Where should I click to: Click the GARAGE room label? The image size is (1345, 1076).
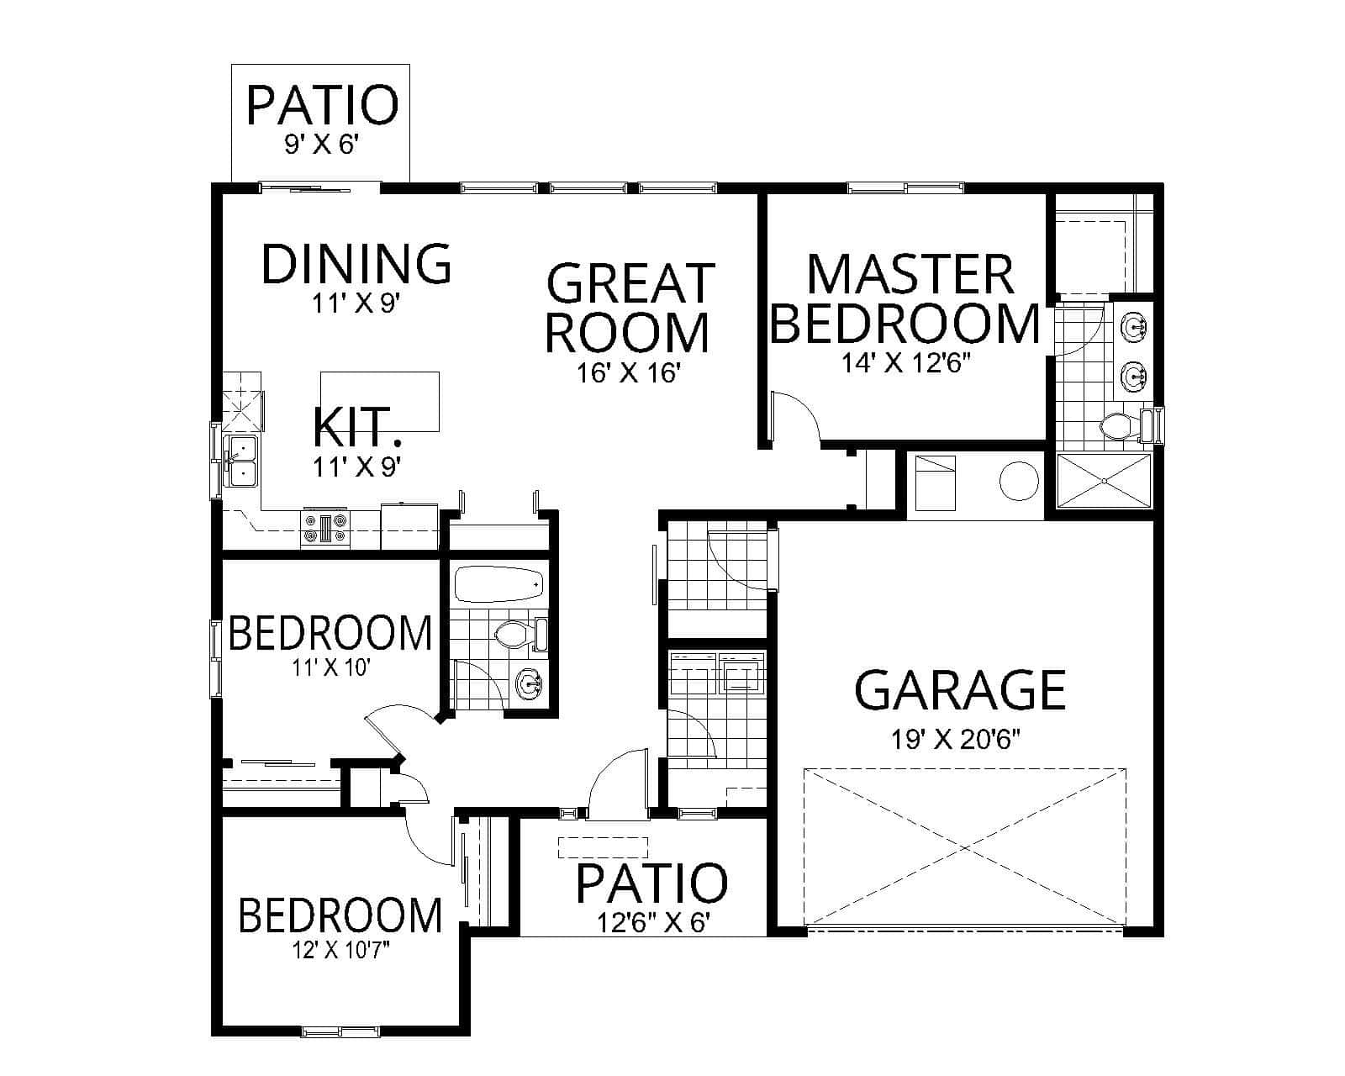click(x=960, y=690)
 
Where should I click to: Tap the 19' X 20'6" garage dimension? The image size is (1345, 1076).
click(x=960, y=740)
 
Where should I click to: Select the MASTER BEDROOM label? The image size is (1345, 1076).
click(x=906, y=298)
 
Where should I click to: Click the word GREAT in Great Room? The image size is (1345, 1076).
click(x=630, y=282)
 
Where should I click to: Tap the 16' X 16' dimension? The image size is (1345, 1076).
click(x=627, y=373)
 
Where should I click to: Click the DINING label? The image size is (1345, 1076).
click(x=356, y=263)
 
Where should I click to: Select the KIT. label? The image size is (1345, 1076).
click(x=355, y=427)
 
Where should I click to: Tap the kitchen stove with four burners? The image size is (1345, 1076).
click(x=324, y=527)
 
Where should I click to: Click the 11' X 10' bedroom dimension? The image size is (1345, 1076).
click(x=330, y=669)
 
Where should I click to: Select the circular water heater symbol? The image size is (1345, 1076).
click(x=1020, y=481)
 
